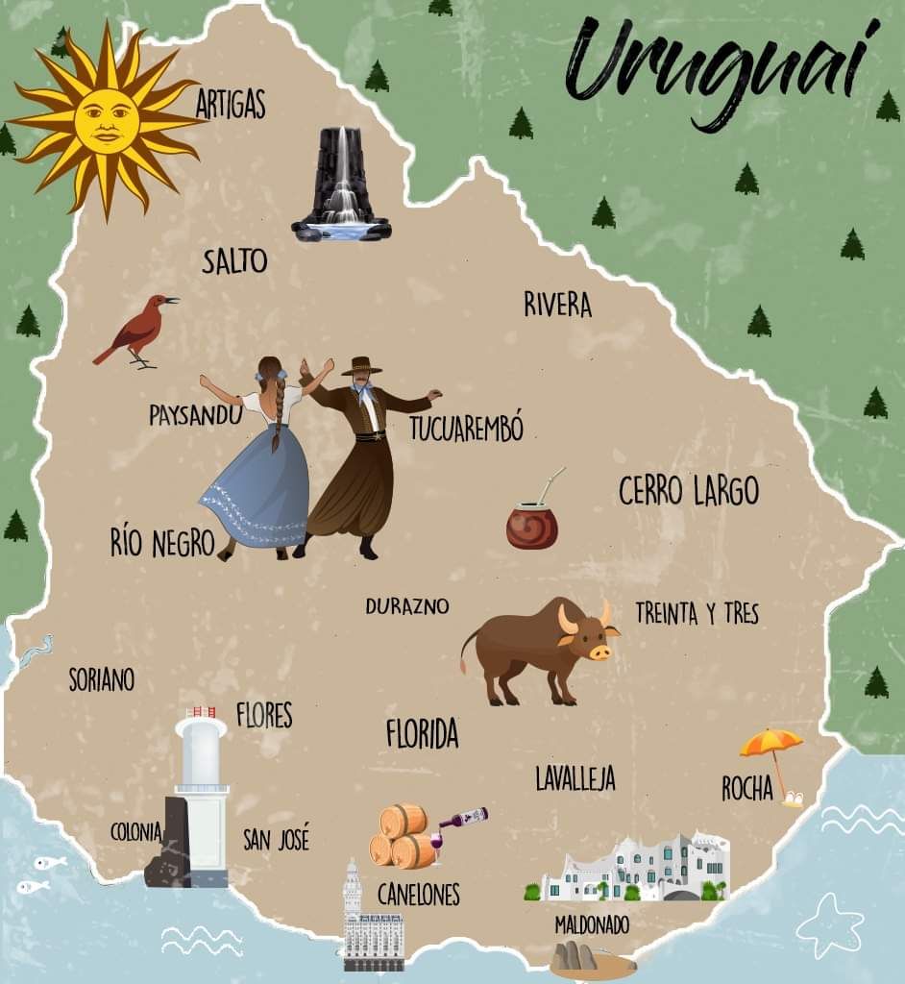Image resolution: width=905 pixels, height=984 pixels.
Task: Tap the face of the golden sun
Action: [106, 121]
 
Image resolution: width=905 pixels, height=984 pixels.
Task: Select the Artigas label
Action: [231, 104]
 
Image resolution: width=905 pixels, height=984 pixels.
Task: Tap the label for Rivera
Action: [557, 305]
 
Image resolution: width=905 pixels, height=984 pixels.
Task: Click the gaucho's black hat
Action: [361, 366]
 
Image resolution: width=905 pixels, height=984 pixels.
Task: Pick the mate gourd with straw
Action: [532, 524]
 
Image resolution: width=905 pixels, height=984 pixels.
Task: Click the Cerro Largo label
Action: [688, 491]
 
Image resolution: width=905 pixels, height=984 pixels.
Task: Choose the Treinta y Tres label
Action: [697, 613]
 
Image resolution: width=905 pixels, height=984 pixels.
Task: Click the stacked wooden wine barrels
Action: [402, 836]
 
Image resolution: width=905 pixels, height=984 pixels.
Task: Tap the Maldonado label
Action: [592, 924]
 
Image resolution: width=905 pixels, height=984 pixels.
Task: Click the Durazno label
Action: [406, 606]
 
